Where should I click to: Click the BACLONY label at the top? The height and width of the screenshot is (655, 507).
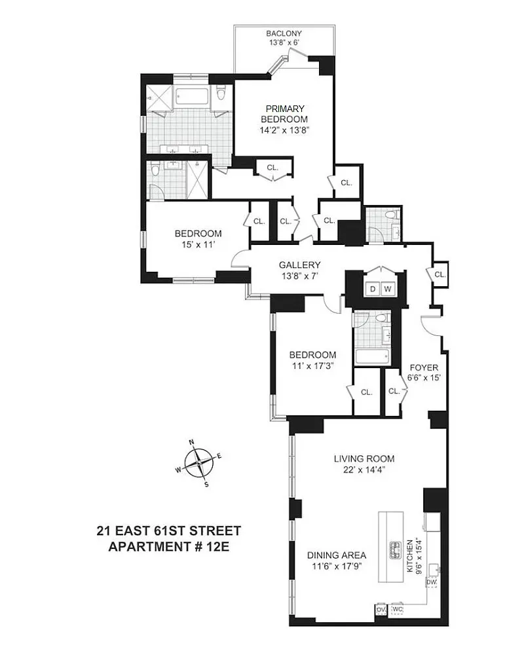[x=284, y=34]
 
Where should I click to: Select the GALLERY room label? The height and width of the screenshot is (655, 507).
[x=299, y=265]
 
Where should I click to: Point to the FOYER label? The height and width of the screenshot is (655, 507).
[x=424, y=367]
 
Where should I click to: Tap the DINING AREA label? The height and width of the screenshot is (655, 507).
[x=337, y=554]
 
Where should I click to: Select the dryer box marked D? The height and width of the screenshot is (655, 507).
[x=372, y=289]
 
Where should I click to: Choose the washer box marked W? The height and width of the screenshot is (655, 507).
[x=387, y=289]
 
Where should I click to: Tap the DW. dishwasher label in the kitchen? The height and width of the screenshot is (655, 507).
[x=431, y=582]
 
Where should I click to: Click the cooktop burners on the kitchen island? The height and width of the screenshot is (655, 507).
[x=396, y=551]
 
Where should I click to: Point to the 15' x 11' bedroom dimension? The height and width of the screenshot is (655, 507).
[x=197, y=245]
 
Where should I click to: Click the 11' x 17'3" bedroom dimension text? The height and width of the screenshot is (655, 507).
[x=313, y=366]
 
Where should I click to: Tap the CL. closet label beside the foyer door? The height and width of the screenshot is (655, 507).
[x=440, y=274]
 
